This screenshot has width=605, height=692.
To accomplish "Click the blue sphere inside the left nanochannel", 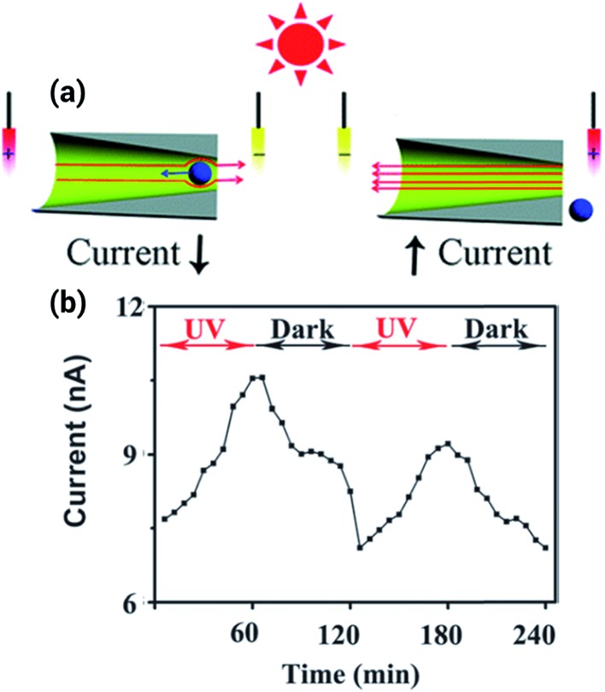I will tap(200, 173).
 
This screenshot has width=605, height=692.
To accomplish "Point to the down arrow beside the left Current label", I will tap(199, 258).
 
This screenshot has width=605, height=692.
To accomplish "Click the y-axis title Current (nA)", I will tap(82, 454).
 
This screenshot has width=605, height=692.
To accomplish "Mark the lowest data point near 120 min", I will tap(361, 548).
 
